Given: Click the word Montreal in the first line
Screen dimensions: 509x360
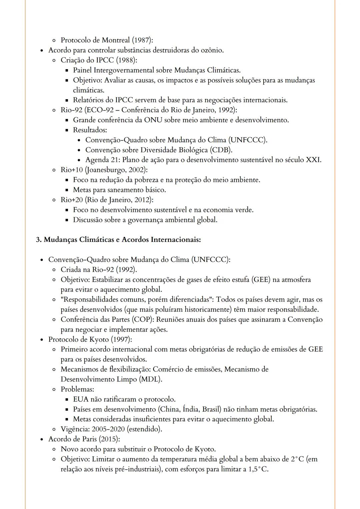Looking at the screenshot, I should pyautogui.click(x=116, y=40).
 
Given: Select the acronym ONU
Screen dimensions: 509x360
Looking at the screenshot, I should pyautogui.click(x=153, y=120).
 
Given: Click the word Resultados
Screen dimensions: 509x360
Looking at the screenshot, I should pyautogui.click(x=90, y=130).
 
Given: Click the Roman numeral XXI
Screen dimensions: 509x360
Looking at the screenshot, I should pyautogui.click(x=313, y=160).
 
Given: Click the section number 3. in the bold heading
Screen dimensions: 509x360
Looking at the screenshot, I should pyautogui.click(x=39, y=240).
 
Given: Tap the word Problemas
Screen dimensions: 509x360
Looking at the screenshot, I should pyautogui.click(x=77, y=389).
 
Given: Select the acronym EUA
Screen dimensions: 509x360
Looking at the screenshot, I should pyautogui.click(x=81, y=399).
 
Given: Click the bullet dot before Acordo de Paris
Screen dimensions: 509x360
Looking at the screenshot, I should pyautogui.click(x=42, y=439).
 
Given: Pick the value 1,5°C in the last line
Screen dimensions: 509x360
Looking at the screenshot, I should pyautogui.click(x=258, y=469).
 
